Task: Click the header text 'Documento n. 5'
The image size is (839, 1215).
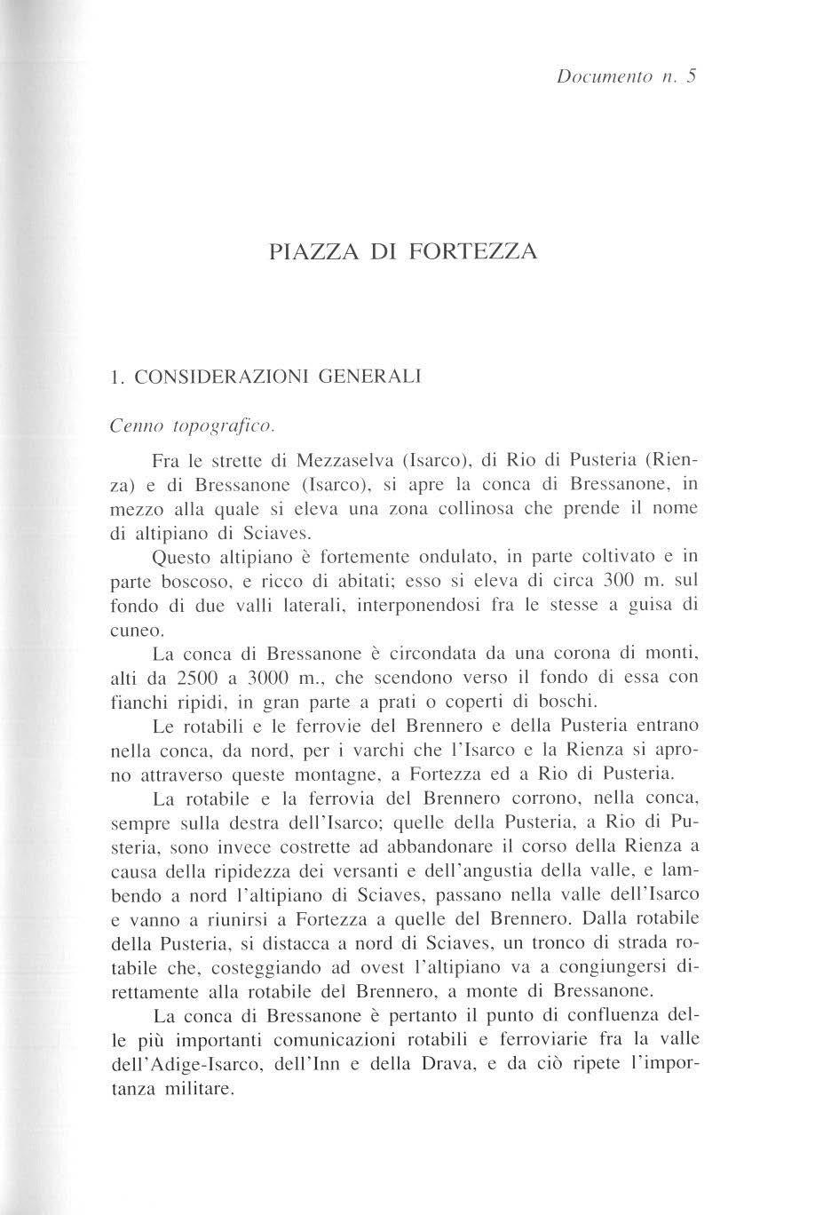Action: (627, 76)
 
